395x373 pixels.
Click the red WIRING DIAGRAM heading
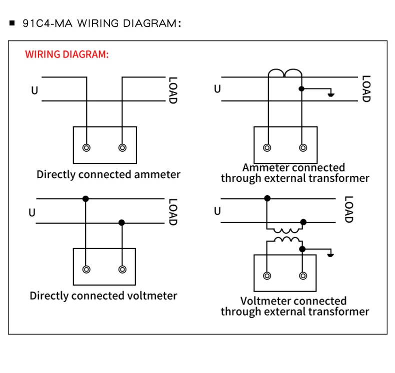click(x=66, y=54)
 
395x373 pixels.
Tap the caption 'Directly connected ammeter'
click(x=108, y=175)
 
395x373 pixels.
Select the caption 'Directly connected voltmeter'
click(x=103, y=296)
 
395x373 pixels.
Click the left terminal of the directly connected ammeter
click(x=86, y=148)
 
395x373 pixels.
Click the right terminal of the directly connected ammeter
click(x=122, y=148)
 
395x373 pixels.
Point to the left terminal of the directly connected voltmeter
click(x=86, y=269)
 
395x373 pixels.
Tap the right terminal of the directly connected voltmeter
click(x=122, y=269)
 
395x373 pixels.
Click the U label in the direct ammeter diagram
click(x=34, y=90)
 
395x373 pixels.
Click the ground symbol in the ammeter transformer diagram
click(x=330, y=94)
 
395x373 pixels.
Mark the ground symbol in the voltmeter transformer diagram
click(x=330, y=254)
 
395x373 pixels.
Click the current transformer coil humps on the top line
click(x=285, y=73)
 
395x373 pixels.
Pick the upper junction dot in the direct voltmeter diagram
click(x=86, y=199)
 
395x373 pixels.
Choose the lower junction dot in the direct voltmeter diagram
click(x=121, y=223)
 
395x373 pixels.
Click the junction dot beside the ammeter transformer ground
click(x=301, y=89)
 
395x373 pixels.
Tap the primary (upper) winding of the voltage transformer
click(x=284, y=230)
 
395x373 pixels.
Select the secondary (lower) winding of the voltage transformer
click(x=284, y=240)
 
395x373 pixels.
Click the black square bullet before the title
click(x=12, y=23)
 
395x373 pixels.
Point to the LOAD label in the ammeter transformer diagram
click(x=366, y=89)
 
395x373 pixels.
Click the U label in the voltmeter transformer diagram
click(x=217, y=211)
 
